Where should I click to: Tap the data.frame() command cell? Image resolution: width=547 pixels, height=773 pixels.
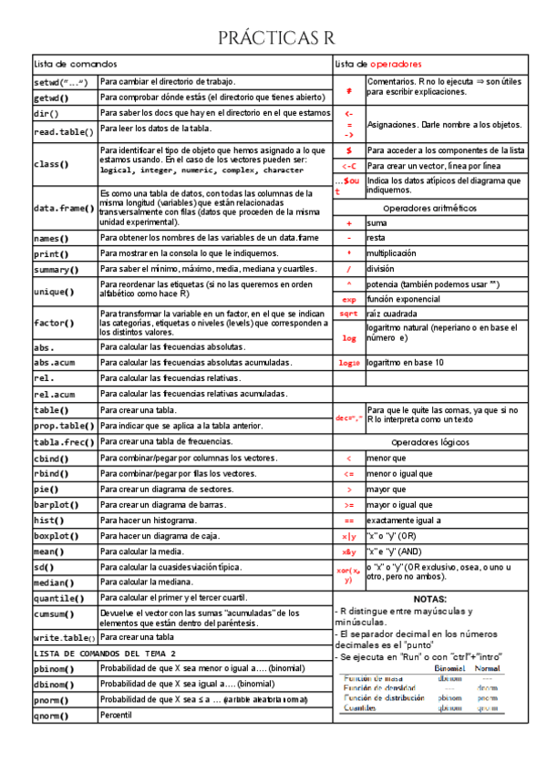(x=63, y=208)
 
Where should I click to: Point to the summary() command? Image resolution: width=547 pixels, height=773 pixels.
(x=56, y=270)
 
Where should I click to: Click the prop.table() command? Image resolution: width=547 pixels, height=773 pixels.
(x=63, y=426)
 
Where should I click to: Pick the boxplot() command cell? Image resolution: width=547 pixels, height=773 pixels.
(x=56, y=536)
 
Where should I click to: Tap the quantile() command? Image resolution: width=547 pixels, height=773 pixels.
(x=60, y=598)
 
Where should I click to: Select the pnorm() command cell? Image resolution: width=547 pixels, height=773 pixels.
(x=53, y=699)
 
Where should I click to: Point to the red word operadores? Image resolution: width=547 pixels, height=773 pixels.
(x=396, y=64)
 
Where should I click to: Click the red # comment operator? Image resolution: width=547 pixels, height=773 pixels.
(x=348, y=91)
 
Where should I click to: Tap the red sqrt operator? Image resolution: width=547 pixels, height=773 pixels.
(x=348, y=314)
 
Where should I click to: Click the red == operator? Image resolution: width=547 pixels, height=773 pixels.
(x=348, y=520)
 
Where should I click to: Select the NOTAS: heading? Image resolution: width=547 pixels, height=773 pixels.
(x=429, y=599)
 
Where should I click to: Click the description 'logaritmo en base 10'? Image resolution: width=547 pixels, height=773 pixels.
(x=406, y=362)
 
